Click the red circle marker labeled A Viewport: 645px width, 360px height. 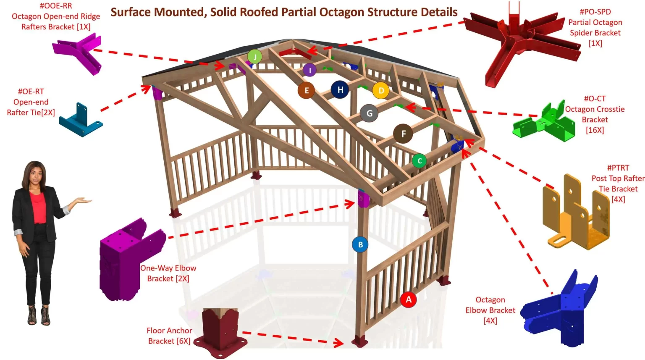(408, 300)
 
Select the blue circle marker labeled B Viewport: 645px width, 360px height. (360, 244)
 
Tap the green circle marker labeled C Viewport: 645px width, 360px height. (419, 161)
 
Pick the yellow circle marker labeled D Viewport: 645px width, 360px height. (381, 90)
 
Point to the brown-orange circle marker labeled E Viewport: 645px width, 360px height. (307, 90)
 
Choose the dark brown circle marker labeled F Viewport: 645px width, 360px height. (403, 134)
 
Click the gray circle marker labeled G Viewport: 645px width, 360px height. (369, 113)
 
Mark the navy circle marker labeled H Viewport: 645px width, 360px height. (340, 89)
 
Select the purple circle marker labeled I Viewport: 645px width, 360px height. (309, 70)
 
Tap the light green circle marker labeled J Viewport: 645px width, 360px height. (255, 56)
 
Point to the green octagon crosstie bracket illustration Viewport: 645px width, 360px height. (544, 122)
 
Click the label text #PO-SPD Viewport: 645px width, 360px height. (595, 12)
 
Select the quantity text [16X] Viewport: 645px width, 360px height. (595, 130)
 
